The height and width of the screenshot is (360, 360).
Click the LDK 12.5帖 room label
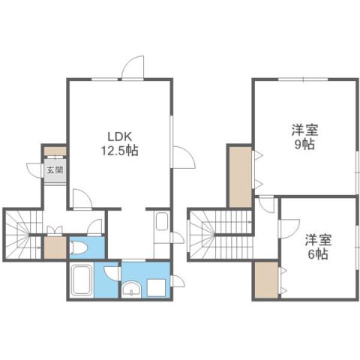pos(120,143)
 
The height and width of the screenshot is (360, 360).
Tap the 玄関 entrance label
pos(55,170)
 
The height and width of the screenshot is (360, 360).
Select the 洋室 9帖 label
pos(303,137)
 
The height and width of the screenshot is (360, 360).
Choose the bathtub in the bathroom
pos(81,281)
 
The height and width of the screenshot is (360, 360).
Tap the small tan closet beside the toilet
pos(54,247)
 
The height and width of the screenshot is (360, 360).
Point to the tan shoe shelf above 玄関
pos(55,149)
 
